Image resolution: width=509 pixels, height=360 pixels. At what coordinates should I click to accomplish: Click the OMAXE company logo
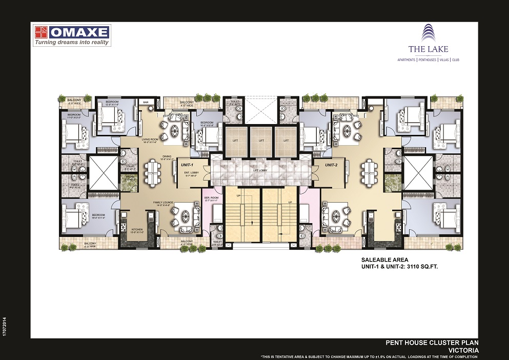tap(72, 32)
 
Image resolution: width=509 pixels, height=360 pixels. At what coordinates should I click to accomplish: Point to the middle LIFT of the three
tap(261, 140)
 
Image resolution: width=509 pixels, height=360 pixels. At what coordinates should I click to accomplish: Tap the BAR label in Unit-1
tap(145, 102)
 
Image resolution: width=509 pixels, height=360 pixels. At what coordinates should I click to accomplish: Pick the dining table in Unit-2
tap(370, 171)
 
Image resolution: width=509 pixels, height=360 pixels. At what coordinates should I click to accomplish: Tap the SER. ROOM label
tap(211, 197)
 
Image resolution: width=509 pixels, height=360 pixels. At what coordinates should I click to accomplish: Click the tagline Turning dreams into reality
tap(72, 43)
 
